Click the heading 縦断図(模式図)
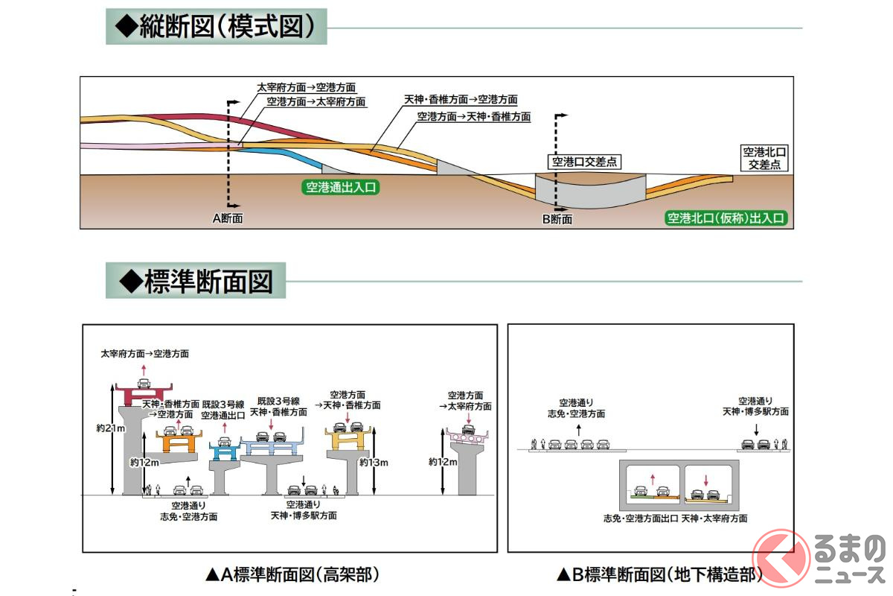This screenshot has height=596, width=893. pos(216,27)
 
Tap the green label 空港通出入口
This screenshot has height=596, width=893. pos(342,187)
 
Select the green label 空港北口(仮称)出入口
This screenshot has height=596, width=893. pos(726,218)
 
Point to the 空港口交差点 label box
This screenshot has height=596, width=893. pos(585,161)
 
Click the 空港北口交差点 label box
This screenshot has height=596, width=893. pos(763,158)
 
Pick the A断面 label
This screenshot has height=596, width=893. pos(228,219)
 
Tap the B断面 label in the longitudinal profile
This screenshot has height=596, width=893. pos(557,219)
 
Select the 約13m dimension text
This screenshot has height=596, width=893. pos(374,463)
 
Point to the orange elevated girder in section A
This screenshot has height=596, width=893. pos(179,443)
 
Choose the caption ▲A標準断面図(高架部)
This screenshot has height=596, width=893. pos(293,574)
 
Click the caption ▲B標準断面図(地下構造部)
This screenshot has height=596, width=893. pos(660,574)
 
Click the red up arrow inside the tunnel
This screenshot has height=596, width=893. pos(653,480)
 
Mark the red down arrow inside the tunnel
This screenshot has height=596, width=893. pos(707,480)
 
